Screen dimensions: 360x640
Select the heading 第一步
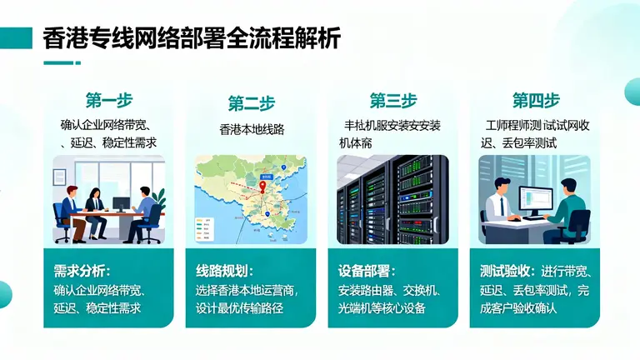coord(108,101)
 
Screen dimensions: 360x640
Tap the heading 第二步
coord(251,103)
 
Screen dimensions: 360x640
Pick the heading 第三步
coord(392,101)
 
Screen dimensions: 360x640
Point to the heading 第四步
coord(535,101)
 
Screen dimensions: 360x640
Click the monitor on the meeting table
coord(122,203)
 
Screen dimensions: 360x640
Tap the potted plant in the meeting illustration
coord(158,200)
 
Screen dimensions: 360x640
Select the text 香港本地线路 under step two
coord(251,129)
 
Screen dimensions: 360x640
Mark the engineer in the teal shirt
coord(570,208)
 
